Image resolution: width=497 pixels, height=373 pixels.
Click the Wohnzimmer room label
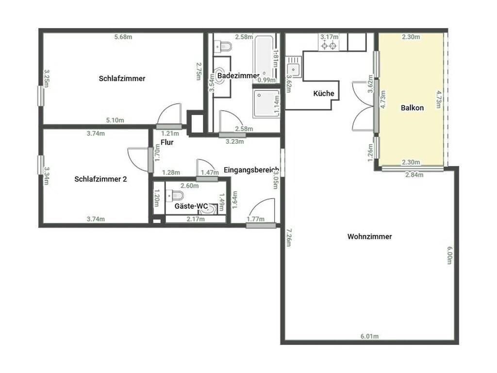pos(369,237)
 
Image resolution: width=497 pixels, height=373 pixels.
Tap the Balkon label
pos(412,108)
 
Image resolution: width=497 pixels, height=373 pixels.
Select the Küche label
pos(324,93)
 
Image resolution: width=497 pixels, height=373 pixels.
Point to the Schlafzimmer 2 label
pos(100,179)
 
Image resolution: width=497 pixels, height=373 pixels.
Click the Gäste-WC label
pos(191,206)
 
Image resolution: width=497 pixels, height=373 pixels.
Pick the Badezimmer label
pos(238,76)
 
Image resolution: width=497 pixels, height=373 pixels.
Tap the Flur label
pos(167,142)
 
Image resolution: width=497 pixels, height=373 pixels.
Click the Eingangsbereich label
pos(251,170)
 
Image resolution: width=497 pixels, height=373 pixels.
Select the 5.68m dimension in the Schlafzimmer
pos(123,37)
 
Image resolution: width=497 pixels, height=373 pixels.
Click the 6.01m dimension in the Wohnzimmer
pos(369,336)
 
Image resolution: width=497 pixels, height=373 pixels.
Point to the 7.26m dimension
pos(288,237)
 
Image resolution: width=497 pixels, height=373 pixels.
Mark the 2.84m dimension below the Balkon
pos(414,175)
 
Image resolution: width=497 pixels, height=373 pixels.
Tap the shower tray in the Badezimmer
pos(266,103)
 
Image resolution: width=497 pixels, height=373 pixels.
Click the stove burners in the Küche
pos(329,46)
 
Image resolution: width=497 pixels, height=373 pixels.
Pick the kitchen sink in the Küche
pos(294,68)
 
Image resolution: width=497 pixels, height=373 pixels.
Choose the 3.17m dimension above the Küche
pos(330,37)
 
